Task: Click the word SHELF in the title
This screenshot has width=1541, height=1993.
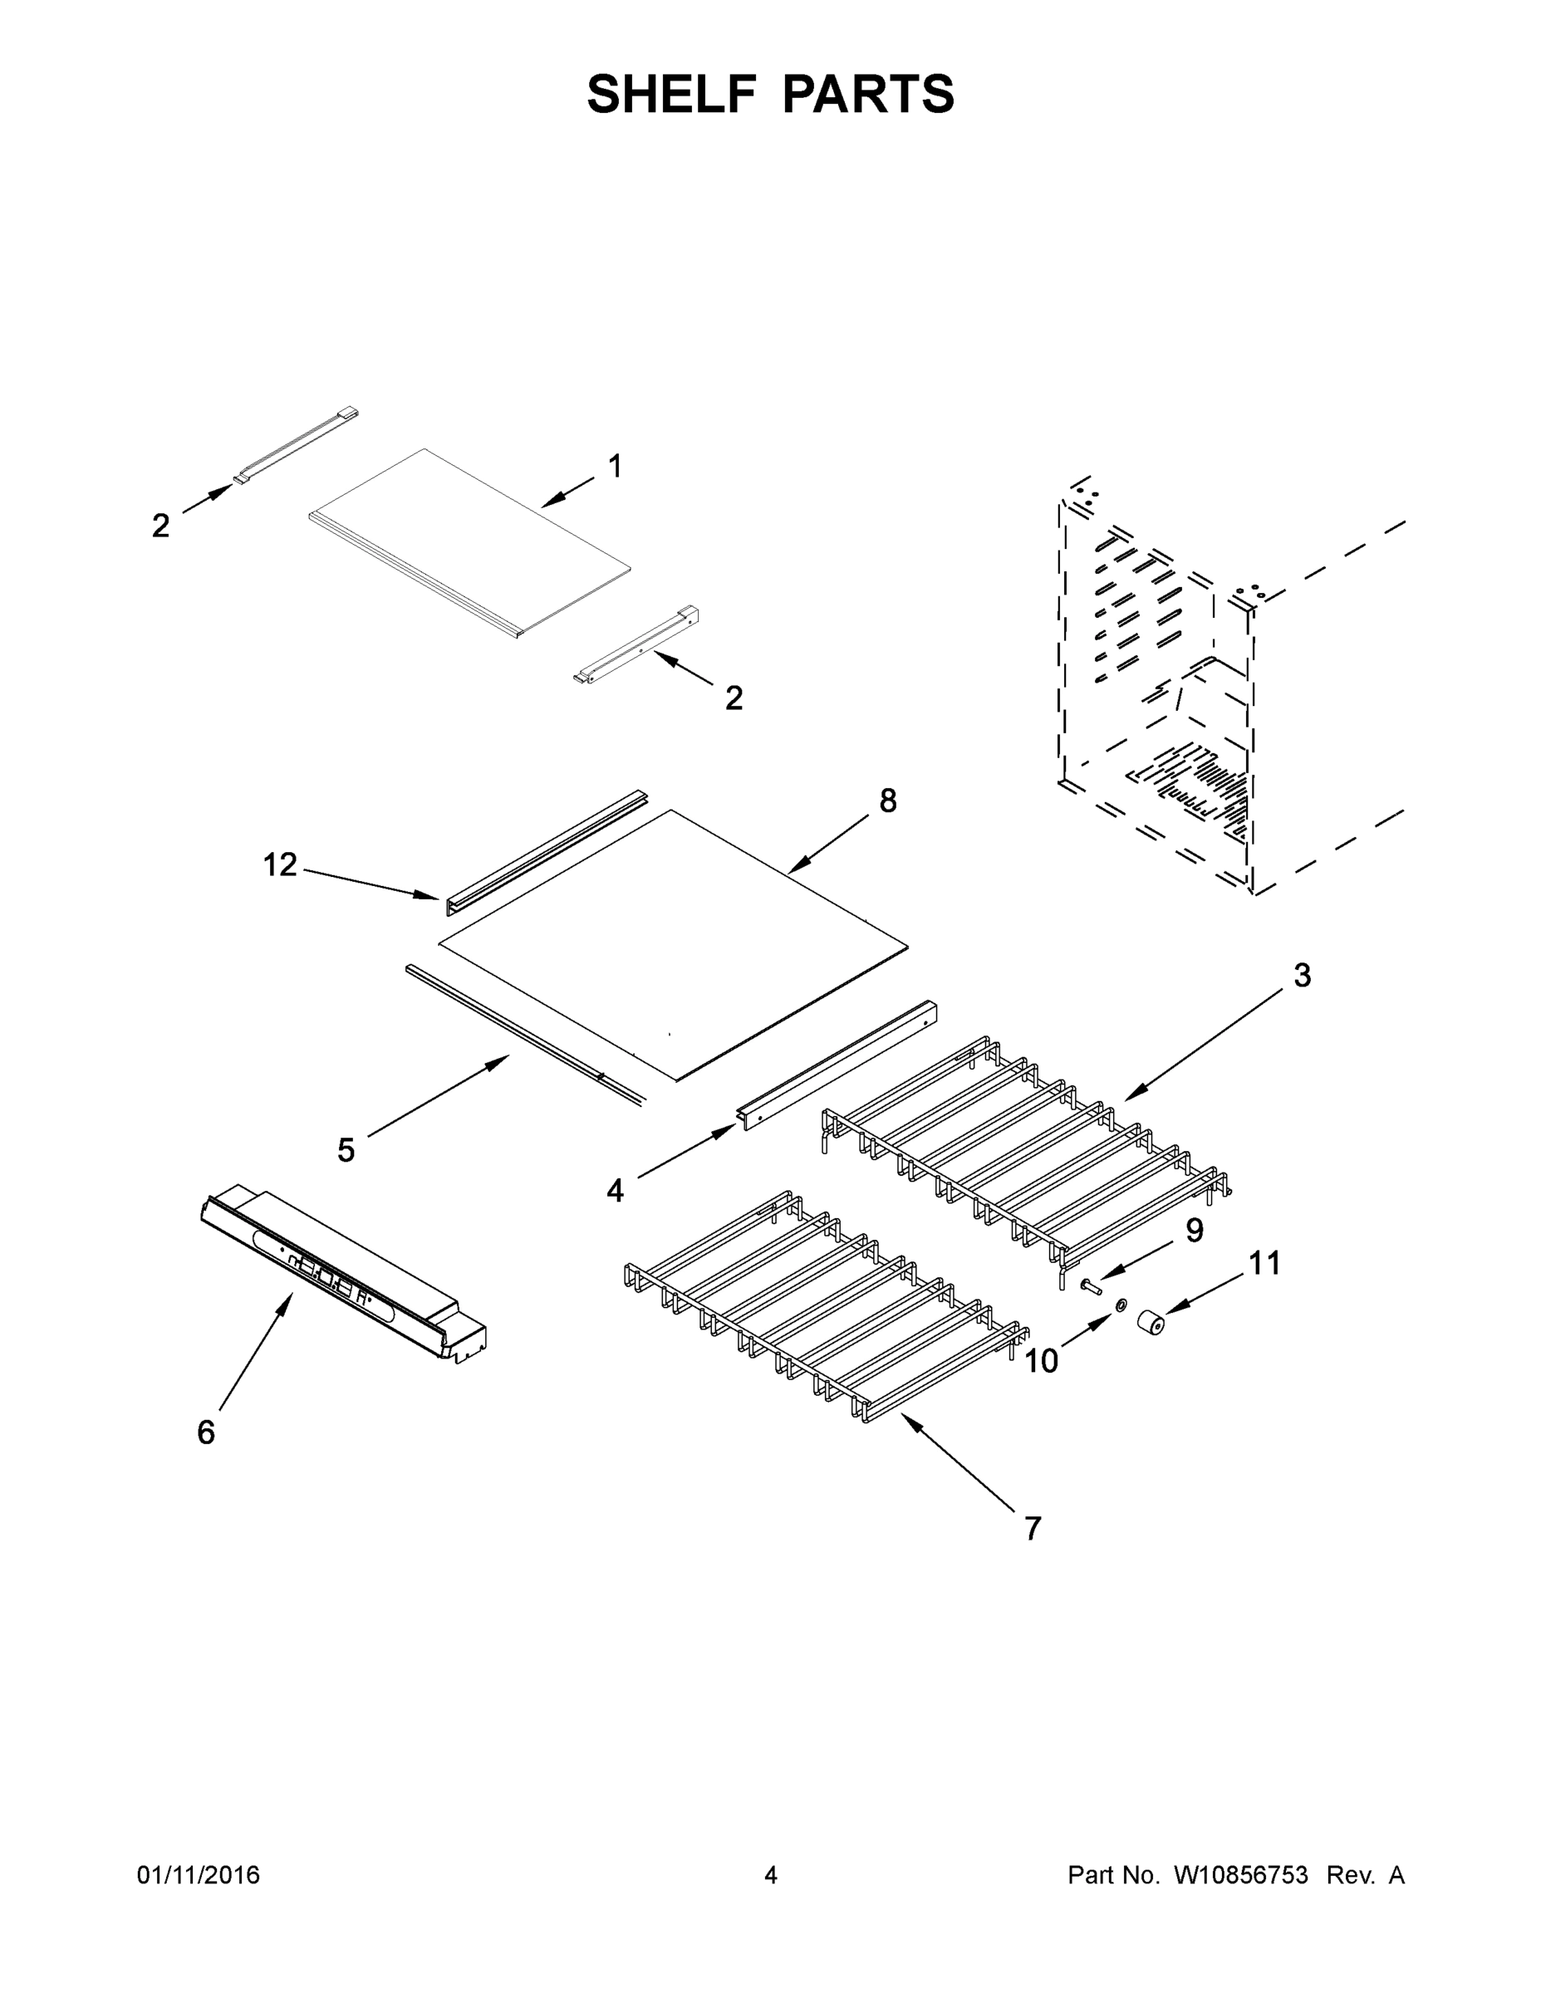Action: click(672, 94)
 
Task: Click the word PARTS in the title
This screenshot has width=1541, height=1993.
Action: click(868, 94)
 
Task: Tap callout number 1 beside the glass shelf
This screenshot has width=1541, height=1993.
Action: click(616, 467)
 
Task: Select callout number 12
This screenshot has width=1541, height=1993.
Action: click(280, 864)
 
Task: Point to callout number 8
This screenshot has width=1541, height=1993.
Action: click(887, 801)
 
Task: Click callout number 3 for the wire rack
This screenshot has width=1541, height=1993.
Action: click(1302, 976)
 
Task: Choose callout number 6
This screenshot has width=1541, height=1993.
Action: click(206, 1432)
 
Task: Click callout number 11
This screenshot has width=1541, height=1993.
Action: click(1264, 1264)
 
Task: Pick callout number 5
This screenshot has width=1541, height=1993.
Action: click(345, 1151)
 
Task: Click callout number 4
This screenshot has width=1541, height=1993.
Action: click(616, 1191)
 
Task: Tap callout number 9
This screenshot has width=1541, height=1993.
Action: click(1194, 1230)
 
